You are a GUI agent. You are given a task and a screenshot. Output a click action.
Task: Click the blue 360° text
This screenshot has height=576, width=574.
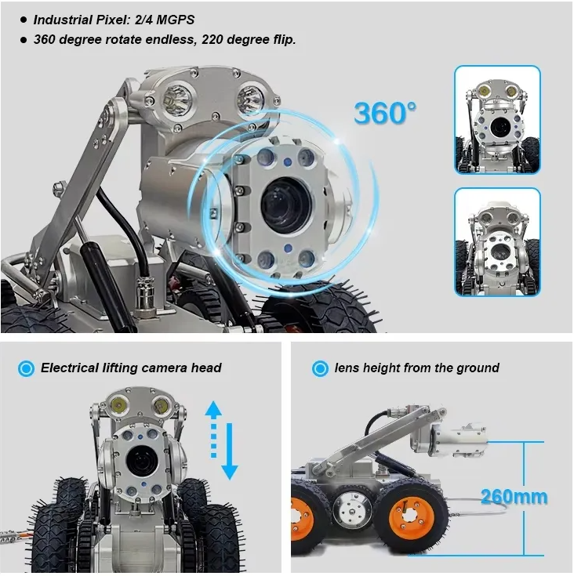tap(385, 112)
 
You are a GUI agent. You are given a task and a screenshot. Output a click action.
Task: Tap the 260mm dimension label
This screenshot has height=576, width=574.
tap(514, 496)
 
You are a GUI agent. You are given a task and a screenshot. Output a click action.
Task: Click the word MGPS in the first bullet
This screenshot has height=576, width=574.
tap(176, 20)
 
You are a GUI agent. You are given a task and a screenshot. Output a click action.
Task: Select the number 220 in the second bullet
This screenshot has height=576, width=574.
tap(213, 39)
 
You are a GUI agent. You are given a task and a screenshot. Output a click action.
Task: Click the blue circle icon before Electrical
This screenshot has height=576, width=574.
tap(26, 368)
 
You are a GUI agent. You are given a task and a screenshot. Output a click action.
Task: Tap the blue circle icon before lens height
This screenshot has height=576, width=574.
tap(320, 368)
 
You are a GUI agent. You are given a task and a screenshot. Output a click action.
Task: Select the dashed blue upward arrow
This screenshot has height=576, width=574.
tap(213, 429)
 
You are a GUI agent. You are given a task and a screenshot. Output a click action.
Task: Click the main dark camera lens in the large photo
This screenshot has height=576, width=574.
tap(286, 205)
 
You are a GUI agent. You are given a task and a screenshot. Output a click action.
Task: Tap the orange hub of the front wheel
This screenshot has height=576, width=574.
tap(409, 516)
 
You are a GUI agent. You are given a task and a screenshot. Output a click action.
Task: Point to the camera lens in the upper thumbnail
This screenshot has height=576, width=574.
tap(500, 126)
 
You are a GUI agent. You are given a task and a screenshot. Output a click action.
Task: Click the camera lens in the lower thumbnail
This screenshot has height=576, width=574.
tap(499, 252)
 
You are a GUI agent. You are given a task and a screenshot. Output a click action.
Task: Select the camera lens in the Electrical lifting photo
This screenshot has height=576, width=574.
tap(142, 462)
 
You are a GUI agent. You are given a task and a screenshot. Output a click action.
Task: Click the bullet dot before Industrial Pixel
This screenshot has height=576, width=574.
tap(24, 20)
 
